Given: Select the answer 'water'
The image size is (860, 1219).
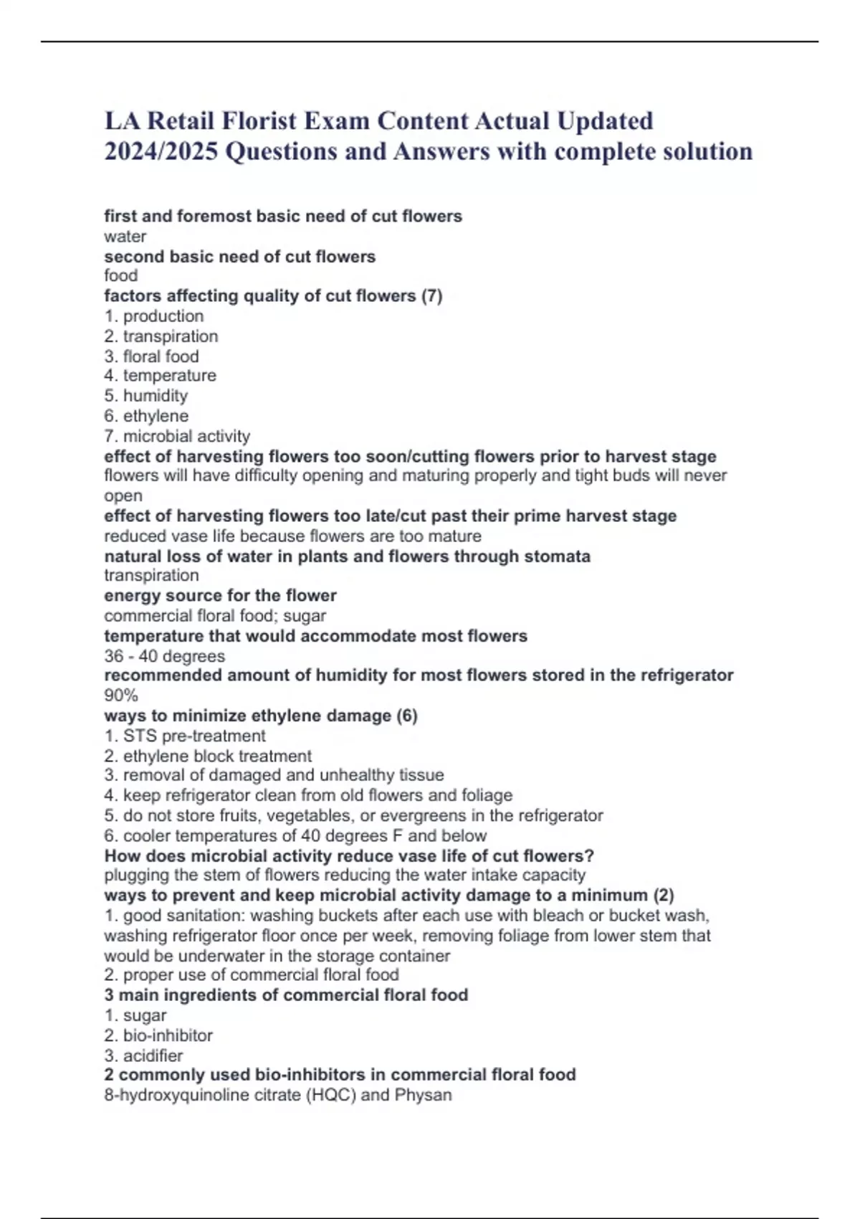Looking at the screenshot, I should point(125,237).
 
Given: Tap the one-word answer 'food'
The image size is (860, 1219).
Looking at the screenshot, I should point(120,276).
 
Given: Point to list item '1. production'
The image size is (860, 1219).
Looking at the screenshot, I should point(154,316).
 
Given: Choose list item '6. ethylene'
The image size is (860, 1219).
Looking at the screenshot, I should point(146,416).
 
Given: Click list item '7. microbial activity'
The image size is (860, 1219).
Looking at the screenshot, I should point(177,436).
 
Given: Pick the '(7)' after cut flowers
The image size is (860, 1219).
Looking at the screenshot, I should point(431,296).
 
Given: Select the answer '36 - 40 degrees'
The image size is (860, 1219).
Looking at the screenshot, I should point(164,656).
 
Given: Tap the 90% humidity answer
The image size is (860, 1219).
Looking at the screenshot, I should point(120,696).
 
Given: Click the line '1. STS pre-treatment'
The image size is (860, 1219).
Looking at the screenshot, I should point(185,736).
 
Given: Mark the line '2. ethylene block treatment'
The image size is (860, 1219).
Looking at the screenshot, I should point(208,756).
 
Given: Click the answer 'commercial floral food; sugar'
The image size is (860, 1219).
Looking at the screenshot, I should point(215,616).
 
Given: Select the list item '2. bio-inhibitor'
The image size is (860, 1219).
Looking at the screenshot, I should point(158,1035).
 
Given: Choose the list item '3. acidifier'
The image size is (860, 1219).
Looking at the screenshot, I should point(143,1056).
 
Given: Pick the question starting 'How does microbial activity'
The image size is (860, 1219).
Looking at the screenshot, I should point(349,855).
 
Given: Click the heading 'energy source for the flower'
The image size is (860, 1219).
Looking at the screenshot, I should point(220,596).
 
